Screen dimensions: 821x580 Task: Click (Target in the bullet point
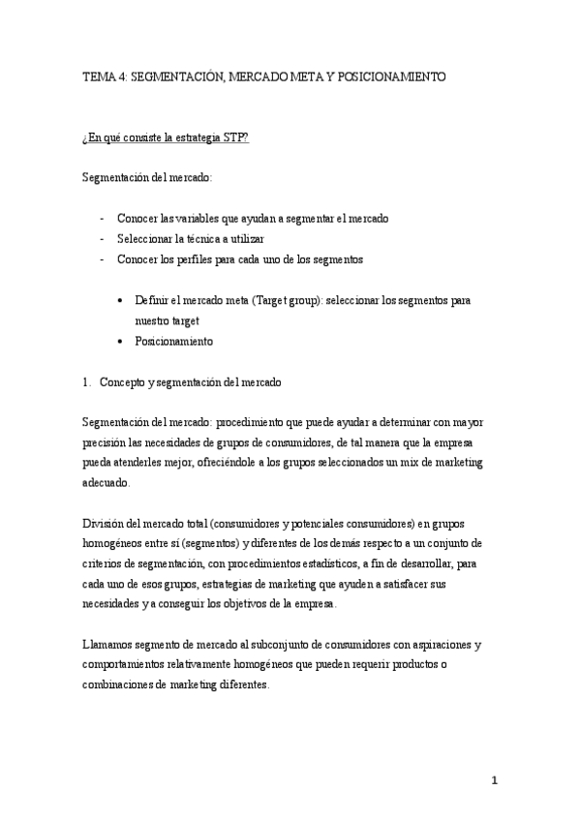(x=269, y=300)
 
